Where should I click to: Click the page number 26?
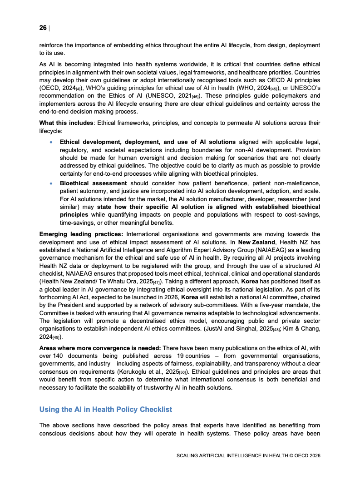click(43, 28)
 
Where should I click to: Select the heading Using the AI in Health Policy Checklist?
click(106, 409)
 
